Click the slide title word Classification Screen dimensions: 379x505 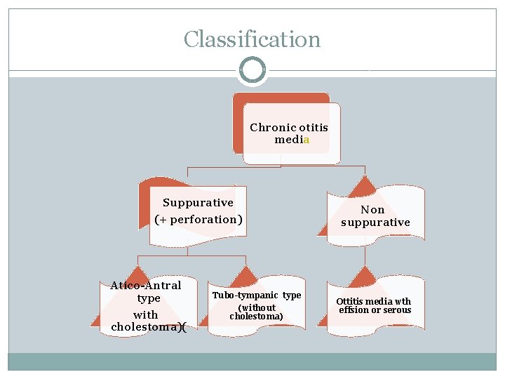tap(252, 40)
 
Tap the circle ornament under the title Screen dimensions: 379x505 tap(252, 70)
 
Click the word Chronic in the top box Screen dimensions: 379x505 tap(273, 128)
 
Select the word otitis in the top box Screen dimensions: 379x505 tap(314, 128)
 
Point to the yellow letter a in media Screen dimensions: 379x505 tap(307, 140)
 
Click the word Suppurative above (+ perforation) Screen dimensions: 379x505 tap(198, 203)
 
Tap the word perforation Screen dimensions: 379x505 tap(206, 220)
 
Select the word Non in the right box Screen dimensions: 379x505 tap(372, 210)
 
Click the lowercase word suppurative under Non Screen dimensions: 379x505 tap(375, 222)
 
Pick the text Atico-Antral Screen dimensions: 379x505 tap(146, 286)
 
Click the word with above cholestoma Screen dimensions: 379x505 tap(146, 315)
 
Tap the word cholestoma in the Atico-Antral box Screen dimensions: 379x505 tap(143, 328)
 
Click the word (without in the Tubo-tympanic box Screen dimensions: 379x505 tap(257, 307)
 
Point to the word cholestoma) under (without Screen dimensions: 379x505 tap(256, 317)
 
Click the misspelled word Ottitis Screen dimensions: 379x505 tap(351, 302)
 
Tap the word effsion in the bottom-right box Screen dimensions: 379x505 tap(356, 310)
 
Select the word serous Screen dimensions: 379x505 tap(397, 310)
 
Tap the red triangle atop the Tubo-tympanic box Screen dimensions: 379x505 tap(245, 276)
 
